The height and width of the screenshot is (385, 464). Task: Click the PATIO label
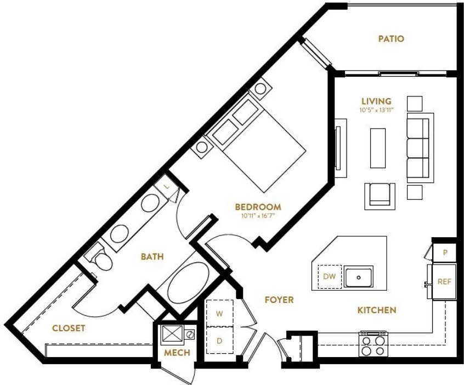click(391, 39)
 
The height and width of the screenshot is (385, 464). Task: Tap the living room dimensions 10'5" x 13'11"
click(376, 110)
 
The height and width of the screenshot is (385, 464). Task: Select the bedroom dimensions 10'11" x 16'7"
click(258, 216)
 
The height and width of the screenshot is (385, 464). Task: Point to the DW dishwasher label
click(330, 277)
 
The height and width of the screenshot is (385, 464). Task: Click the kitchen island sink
click(358, 278)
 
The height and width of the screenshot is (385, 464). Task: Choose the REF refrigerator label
click(444, 281)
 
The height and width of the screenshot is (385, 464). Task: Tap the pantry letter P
click(445, 252)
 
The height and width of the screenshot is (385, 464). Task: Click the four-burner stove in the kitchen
click(374, 344)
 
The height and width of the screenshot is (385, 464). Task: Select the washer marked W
click(219, 313)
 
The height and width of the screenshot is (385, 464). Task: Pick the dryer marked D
click(219, 341)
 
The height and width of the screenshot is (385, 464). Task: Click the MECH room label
click(177, 353)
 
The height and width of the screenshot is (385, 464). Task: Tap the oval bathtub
click(188, 282)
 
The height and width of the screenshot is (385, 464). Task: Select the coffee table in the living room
click(378, 148)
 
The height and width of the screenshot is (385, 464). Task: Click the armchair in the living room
click(380, 196)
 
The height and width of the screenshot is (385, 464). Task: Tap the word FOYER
click(279, 300)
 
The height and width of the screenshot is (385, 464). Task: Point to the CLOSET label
click(69, 328)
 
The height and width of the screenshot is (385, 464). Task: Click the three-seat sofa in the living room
click(420, 148)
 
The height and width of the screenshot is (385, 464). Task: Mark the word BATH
click(152, 256)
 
